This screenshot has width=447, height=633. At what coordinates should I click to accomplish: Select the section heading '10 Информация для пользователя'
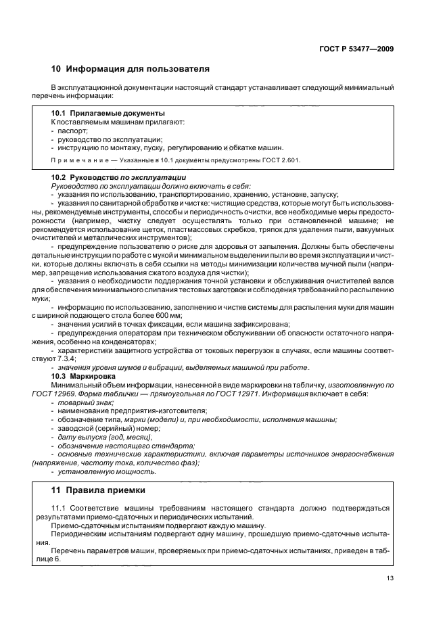tap(131, 69)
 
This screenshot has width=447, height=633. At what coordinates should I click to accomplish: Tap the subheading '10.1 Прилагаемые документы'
tap(109, 113)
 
